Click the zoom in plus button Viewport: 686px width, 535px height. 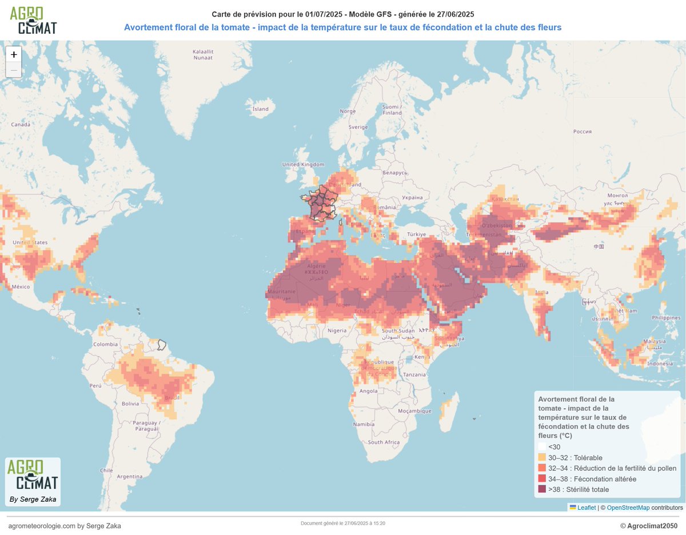[x=14, y=54]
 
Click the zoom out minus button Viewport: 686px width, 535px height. [x=14, y=70]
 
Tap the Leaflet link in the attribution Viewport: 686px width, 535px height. [x=587, y=508]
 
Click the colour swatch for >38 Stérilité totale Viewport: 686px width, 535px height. [x=542, y=489]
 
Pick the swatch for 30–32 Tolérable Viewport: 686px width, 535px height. [x=542, y=458]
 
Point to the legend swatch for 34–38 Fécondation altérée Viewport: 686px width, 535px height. [x=542, y=479]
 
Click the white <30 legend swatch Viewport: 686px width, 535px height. [x=542, y=447]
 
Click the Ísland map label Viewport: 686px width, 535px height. [x=261, y=109]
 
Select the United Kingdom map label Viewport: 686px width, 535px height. [x=303, y=165]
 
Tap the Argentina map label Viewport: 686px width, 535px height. [x=129, y=476]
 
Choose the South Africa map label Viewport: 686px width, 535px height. [x=384, y=442]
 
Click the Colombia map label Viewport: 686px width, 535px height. [x=106, y=344]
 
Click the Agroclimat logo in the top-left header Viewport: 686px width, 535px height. [x=33, y=20]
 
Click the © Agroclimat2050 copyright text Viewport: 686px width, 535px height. [x=648, y=525]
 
